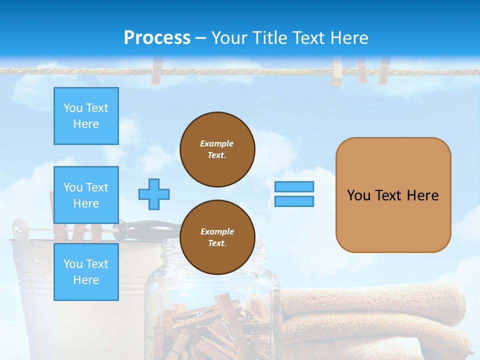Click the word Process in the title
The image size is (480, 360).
tap(157, 38)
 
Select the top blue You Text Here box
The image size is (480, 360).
tap(86, 116)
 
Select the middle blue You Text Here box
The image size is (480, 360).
tap(86, 195)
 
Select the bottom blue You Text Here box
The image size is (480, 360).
tap(86, 271)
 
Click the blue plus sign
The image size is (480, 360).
tap(154, 194)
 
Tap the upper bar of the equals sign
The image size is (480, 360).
tap(294, 186)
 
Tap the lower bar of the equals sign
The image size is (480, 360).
tap(294, 201)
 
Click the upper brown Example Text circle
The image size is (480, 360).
tap(217, 149)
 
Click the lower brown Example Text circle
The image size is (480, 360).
tap(217, 237)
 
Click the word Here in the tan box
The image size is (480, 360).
tap(422, 195)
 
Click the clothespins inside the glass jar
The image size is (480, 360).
tap(210, 325)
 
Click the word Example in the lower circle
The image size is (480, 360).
tap(217, 231)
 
